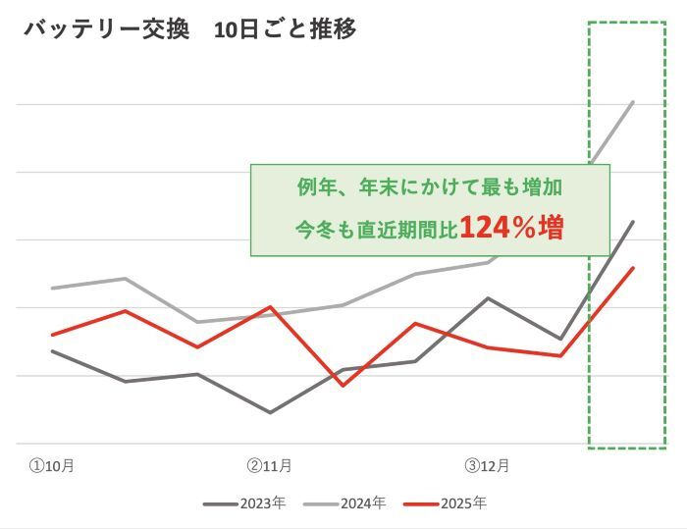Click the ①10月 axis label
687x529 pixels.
coord(51,465)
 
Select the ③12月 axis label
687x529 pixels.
coord(486,465)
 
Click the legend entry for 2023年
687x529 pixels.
coord(245,503)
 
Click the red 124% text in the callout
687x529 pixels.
coord(497,229)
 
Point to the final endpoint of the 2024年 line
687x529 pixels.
coord(633,102)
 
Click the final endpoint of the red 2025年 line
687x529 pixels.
coord(633,268)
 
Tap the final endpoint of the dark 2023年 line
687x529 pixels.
coord(633,222)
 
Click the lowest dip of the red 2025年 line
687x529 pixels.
coord(342,385)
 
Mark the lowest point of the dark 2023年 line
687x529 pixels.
coord(270,412)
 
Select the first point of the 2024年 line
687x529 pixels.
coord(52,289)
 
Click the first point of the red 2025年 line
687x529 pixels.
coord(52,335)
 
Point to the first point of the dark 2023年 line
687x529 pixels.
coord(52,350)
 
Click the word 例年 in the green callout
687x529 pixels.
coord(314,186)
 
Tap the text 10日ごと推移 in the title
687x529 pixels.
coord(285,29)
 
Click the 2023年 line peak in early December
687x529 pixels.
coord(488,297)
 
